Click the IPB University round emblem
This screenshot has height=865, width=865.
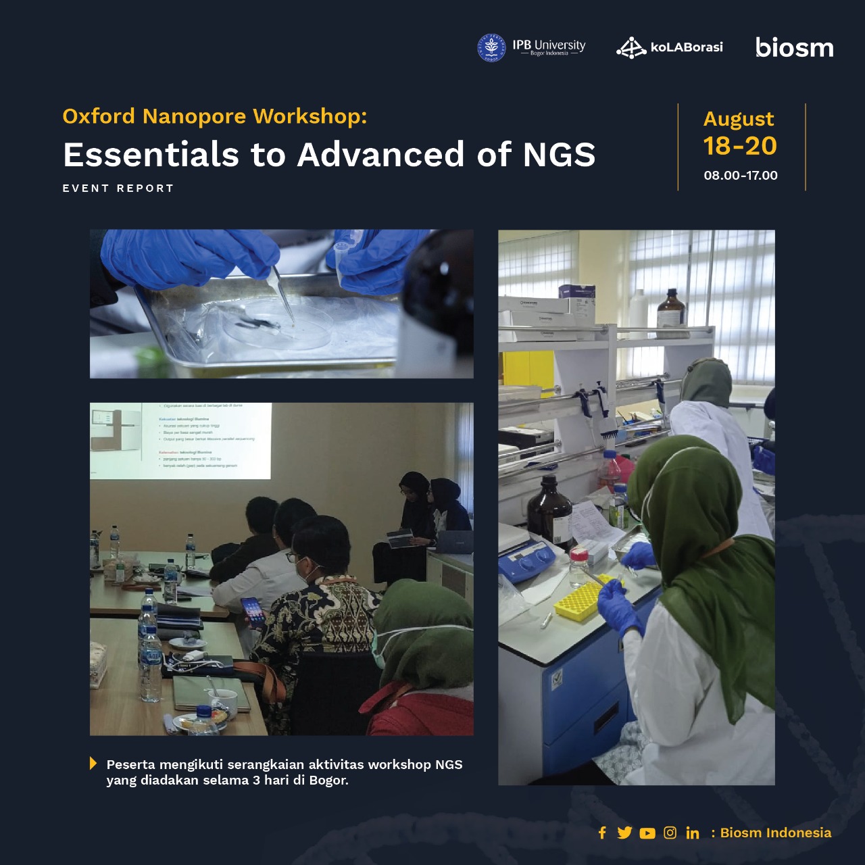pyautogui.click(x=491, y=48)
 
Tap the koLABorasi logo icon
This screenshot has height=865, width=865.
pyautogui.click(x=631, y=48)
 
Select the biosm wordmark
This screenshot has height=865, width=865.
pyautogui.click(x=794, y=47)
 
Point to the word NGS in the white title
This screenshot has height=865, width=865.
pyautogui.click(x=559, y=154)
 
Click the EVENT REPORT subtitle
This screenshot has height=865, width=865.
pyautogui.click(x=118, y=189)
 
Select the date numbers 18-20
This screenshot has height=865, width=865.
pyautogui.click(x=740, y=146)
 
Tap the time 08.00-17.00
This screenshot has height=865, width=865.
pyautogui.click(x=741, y=176)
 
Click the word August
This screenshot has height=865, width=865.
pyautogui.click(x=739, y=119)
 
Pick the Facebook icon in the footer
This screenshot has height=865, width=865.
pyautogui.click(x=602, y=833)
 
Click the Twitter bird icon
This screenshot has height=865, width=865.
pyautogui.click(x=624, y=833)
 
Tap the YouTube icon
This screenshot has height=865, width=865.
pyautogui.click(x=647, y=833)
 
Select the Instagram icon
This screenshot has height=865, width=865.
pyautogui.click(x=670, y=833)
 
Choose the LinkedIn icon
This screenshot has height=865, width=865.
pyautogui.click(x=693, y=833)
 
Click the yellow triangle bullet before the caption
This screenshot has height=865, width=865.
pyautogui.click(x=93, y=764)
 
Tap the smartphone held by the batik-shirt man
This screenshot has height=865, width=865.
pyautogui.click(x=251, y=611)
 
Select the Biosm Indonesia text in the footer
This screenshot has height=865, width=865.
pyautogui.click(x=776, y=833)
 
